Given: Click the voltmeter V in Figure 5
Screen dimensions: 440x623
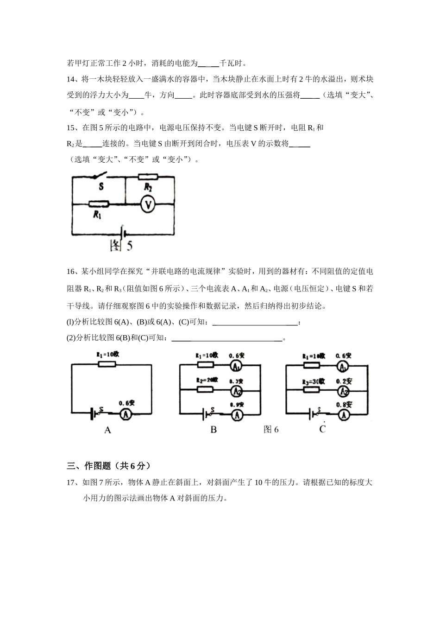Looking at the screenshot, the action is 147,204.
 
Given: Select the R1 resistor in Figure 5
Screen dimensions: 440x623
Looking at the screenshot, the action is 98,204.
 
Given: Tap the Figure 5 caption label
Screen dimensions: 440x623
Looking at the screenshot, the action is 121,245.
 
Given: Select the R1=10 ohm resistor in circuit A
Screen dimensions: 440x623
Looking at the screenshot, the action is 107,364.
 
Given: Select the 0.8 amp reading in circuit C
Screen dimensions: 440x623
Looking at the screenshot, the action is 344,405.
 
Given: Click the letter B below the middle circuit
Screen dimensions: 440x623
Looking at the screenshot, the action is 214,430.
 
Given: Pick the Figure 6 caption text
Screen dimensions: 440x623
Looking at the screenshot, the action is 271,430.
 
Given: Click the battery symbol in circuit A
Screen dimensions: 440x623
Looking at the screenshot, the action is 94,413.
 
